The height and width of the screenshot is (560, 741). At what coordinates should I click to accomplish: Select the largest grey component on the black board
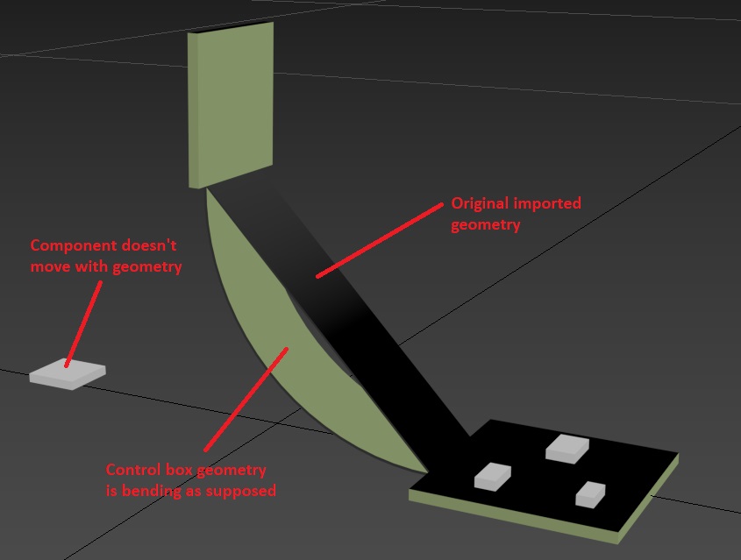coord(566,447)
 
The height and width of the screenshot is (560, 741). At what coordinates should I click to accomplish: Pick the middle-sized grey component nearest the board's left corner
coord(492,475)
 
